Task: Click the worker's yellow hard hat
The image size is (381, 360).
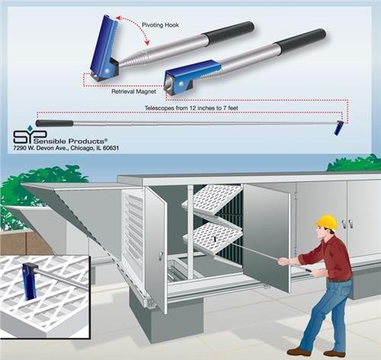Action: tap(326, 221)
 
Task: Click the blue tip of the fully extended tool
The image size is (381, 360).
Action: tap(338, 129)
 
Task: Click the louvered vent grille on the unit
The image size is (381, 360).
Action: tap(133, 221)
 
